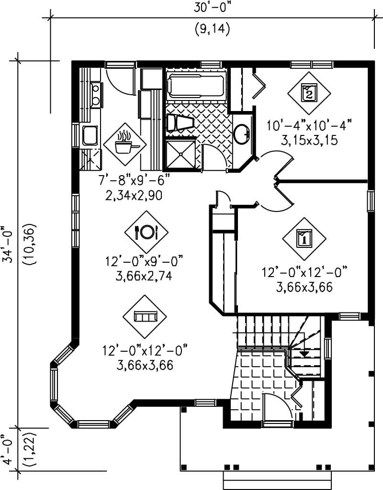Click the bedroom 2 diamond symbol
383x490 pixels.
(309, 93)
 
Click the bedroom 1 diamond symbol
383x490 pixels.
(304, 238)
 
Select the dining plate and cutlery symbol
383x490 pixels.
(146, 233)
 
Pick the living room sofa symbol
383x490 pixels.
(145, 317)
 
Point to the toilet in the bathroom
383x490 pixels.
(180, 123)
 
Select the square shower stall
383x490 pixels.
(180, 154)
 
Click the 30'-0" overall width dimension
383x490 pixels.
(212, 9)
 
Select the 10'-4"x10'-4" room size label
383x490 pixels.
(310, 126)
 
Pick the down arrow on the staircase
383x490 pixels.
(304, 354)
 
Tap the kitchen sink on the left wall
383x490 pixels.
(90, 135)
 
